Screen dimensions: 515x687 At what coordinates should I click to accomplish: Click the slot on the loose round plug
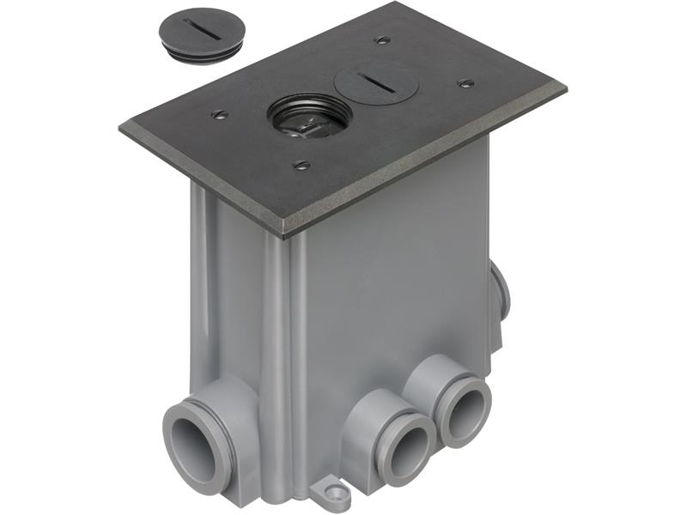pyautogui.click(x=200, y=33)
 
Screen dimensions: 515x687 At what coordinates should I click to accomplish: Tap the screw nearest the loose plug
pyautogui.click(x=219, y=113)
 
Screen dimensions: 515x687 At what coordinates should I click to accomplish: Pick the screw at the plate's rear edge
pyautogui.click(x=381, y=40)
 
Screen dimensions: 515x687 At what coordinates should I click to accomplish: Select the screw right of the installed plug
pyautogui.click(x=466, y=83)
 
